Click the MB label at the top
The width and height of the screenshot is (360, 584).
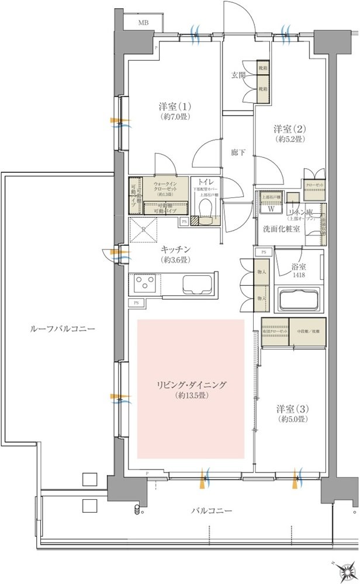(x=143, y=23)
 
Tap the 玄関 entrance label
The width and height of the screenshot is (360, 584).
(x=237, y=75)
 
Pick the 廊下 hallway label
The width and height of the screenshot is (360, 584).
(x=237, y=153)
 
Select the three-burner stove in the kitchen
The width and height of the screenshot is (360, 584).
(x=144, y=286)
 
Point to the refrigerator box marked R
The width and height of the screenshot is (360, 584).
(x=144, y=228)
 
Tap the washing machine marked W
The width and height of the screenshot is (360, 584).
(x=271, y=208)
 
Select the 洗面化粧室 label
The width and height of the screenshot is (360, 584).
(x=281, y=228)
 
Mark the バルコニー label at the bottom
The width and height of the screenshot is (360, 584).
(x=212, y=510)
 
